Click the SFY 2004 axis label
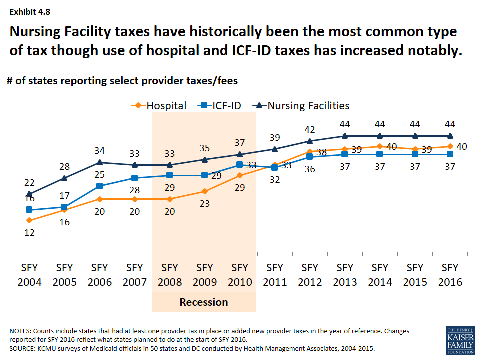point(29,274)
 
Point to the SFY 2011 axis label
point(274,274)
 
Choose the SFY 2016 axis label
point(450,274)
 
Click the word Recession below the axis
point(204,302)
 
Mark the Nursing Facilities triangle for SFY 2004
point(29,194)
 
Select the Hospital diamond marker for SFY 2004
point(29,220)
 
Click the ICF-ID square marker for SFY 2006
point(99,186)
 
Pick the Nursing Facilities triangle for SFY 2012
point(310,141)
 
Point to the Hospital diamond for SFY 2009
point(204,191)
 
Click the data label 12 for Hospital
point(29,232)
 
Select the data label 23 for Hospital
point(204,204)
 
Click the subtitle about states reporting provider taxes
point(122,80)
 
